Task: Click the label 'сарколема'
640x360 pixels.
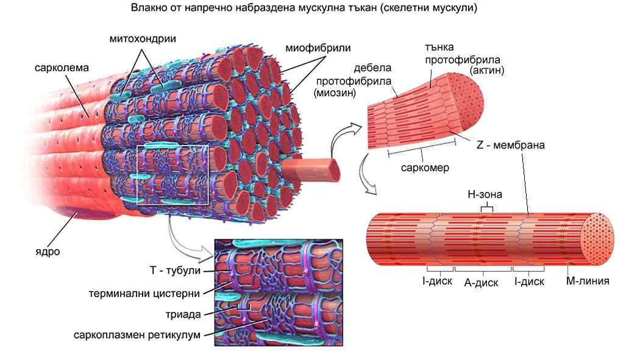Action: click(x=62, y=67)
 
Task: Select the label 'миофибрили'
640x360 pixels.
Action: click(x=318, y=48)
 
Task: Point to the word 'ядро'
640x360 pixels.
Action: click(x=48, y=251)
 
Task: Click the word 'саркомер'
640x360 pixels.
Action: click(x=425, y=168)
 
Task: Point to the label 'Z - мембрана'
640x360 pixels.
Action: click(x=510, y=146)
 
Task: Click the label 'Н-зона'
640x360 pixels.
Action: click(x=485, y=194)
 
